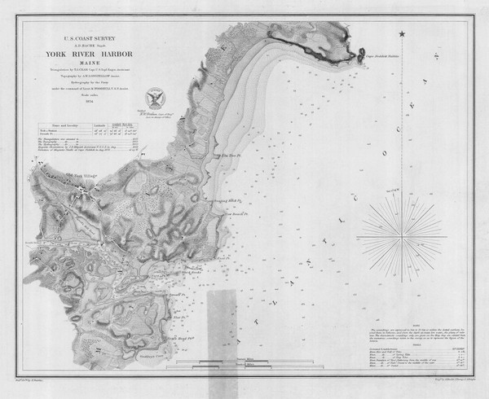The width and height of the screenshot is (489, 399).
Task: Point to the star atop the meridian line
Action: tap(402, 33)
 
